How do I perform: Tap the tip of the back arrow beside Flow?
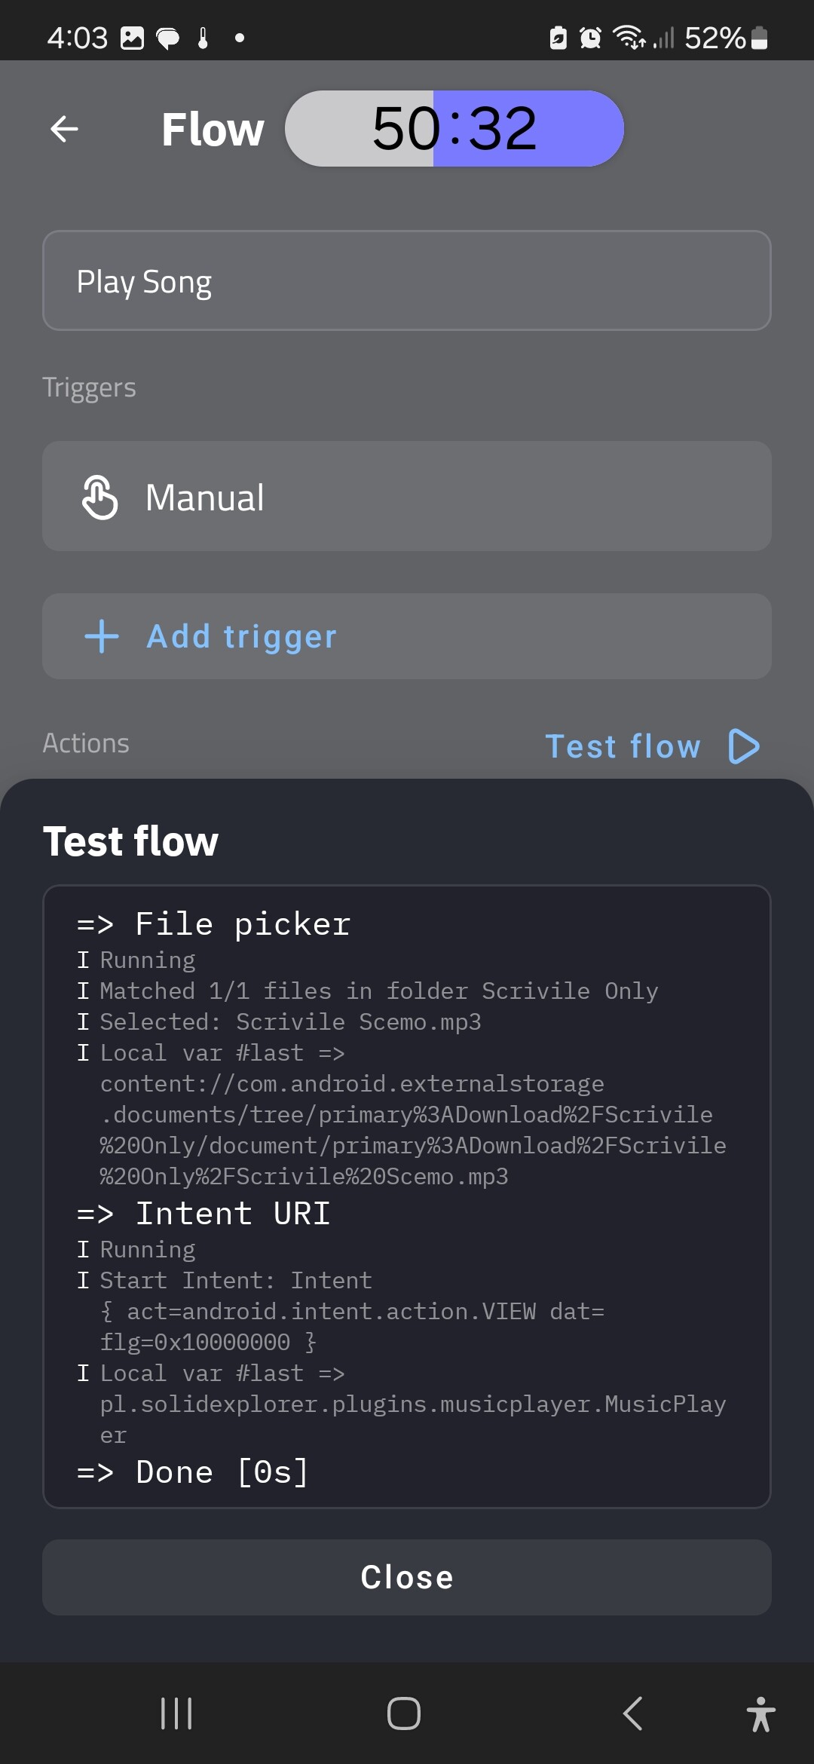tap(50, 129)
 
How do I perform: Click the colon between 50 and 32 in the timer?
tap(454, 129)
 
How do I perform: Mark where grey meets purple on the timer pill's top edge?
tap(433, 91)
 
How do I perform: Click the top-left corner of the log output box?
tap(44, 886)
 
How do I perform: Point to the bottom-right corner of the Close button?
tap(770, 1614)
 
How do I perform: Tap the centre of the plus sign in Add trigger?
tap(102, 637)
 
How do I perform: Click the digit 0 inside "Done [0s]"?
tap(262, 1472)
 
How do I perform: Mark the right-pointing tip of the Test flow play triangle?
tap(759, 746)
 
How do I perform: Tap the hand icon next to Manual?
tap(100, 498)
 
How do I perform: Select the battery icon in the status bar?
tap(760, 38)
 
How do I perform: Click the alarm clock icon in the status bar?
tap(590, 38)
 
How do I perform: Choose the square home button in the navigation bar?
tap(404, 1713)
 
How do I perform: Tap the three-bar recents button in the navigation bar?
tap(176, 1713)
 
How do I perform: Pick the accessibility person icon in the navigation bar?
tap(761, 1713)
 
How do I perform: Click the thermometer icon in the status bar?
tap(203, 38)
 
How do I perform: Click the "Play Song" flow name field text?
tap(144, 282)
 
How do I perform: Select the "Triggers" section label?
tap(89, 387)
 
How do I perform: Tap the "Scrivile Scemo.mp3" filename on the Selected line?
tap(359, 1022)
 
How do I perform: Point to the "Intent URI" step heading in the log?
tap(233, 1214)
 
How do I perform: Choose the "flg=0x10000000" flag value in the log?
tap(195, 1343)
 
